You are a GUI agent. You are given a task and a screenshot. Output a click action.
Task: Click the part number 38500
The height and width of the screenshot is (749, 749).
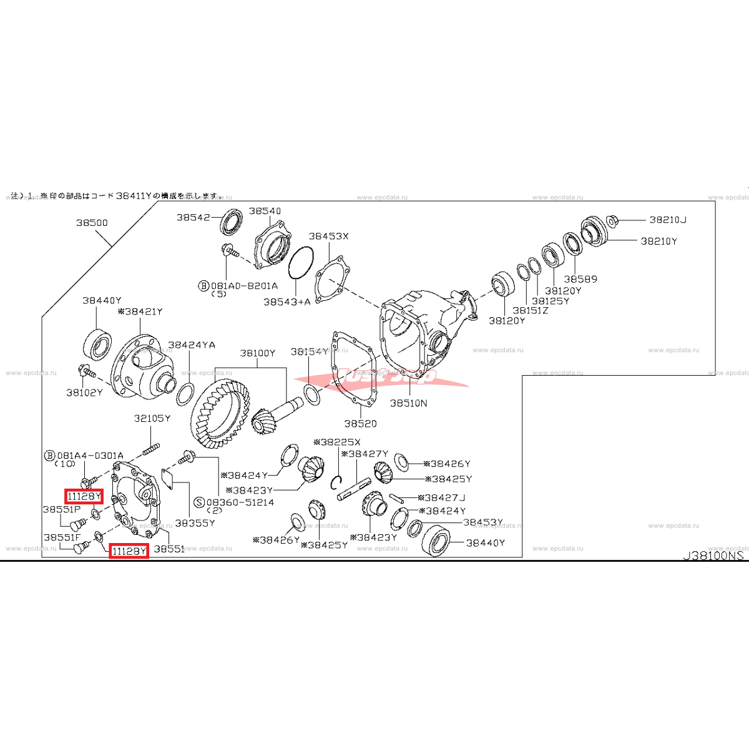[x=92, y=222]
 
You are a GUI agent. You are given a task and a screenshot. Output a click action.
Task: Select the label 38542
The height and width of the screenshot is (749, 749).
[x=193, y=217]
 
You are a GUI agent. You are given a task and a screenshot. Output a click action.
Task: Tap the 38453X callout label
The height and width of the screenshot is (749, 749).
[x=328, y=236]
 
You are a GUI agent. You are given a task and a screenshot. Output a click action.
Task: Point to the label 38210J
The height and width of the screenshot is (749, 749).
[x=667, y=220]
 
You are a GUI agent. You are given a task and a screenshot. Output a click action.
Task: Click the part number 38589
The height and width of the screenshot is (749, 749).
[x=580, y=279]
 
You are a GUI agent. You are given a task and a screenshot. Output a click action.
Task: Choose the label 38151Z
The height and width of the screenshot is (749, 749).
[x=530, y=310]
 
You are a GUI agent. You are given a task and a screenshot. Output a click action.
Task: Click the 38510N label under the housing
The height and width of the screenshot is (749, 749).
[x=408, y=403]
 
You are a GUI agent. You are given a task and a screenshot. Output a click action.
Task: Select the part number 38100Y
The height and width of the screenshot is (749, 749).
[x=257, y=353]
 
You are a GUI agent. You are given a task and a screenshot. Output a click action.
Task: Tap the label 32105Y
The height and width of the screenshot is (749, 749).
[x=152, y=418]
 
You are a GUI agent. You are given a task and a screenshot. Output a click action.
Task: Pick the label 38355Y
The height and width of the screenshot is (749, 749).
[x=195, y=523]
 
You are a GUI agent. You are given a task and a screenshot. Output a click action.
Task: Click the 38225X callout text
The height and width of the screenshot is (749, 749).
[x=340, y=442]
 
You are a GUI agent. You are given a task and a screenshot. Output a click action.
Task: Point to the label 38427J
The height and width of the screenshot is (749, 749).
[x=444, y=497]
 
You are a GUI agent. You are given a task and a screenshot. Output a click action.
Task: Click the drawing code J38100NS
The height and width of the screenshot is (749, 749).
[x=713, y=555]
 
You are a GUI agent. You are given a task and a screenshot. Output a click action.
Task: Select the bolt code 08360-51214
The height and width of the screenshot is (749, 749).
[x=240, y=502]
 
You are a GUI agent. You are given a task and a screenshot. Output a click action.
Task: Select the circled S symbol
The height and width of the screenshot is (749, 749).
[x=199, y=502]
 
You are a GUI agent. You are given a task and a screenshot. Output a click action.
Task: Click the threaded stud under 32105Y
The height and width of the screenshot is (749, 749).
[x=152, y=449]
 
